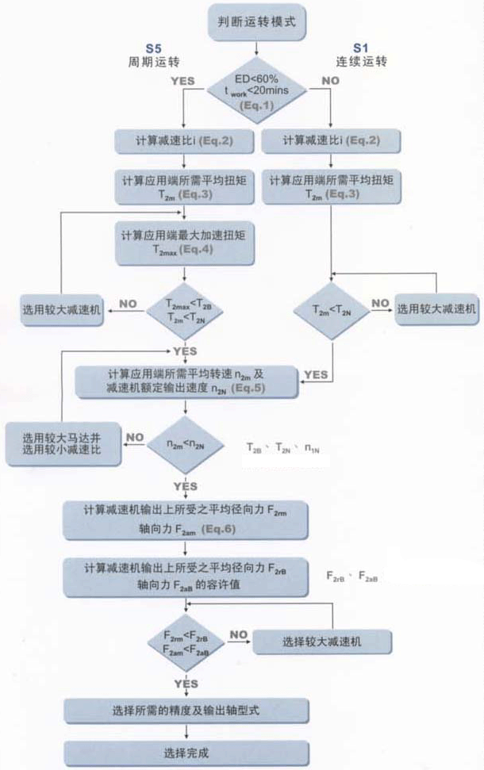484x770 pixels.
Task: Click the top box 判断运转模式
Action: point(256,22)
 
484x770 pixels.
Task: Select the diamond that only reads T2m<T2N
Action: point(331,310)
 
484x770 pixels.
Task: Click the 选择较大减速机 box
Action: point(321,642)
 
